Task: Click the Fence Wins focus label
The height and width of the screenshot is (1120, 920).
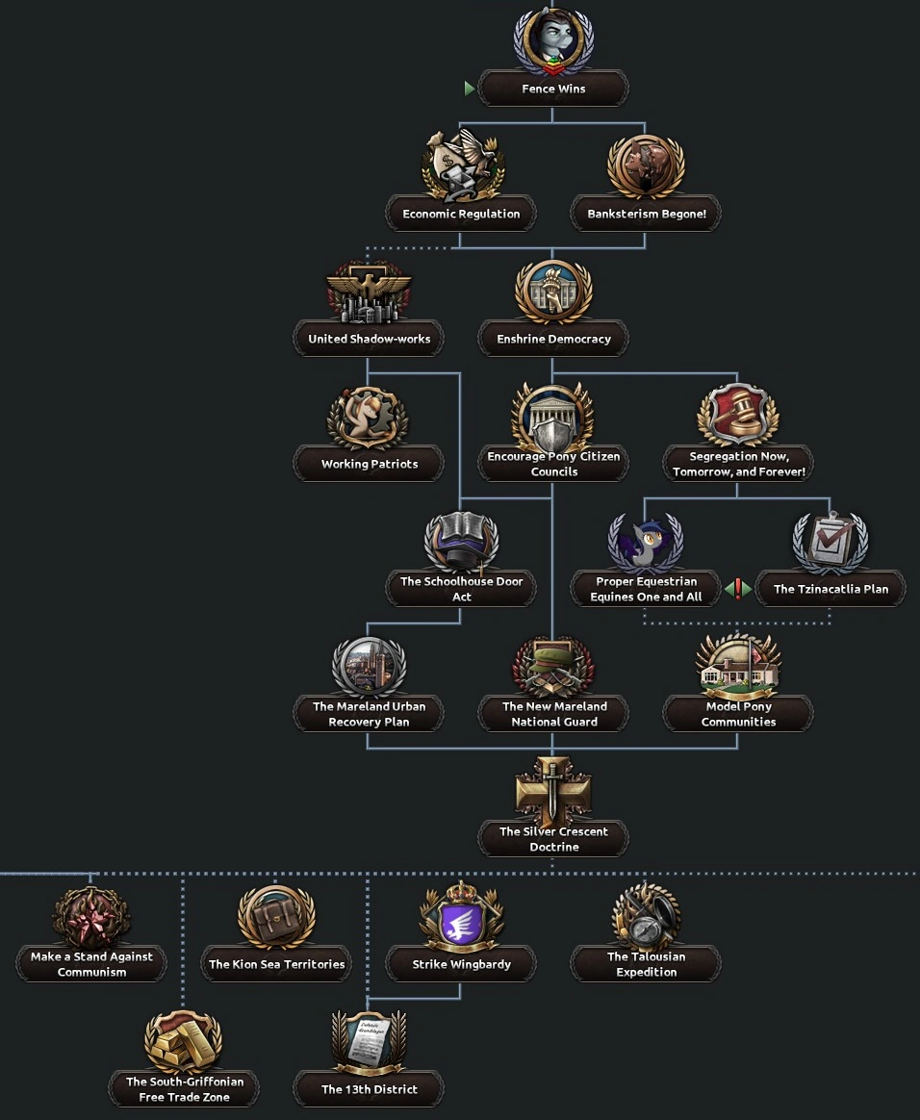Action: pyautogui.click(x=553, y=89)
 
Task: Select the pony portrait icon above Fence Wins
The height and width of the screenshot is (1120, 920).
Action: pyautogui.click(x=553, y=40)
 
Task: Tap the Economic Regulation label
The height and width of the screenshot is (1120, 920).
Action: pyautogui.click(x=461, y=214)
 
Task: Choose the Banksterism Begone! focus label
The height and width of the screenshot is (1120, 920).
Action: pyautogui.click(x=647, y=214)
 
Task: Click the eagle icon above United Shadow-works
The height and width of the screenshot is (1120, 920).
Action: pyautogui.click(x=369, y=291)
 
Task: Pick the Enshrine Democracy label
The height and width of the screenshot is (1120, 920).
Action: pyautogui.click(x=553, y=339)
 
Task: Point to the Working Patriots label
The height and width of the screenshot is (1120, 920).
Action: pyautogui.click(x=370, y=464)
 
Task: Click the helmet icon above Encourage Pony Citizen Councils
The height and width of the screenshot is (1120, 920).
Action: pyautogui.click(x=553, y=416)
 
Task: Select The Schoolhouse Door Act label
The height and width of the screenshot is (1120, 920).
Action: pyautogui.click(x=462, y=589)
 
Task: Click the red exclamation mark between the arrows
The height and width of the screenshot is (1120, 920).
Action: pyautogui.click(x=738, y=589)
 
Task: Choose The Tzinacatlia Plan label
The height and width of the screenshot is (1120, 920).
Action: pyautogui.click(x=831, y=589)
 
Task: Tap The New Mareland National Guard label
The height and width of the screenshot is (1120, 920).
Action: pyautogui.click(x=554, y=714)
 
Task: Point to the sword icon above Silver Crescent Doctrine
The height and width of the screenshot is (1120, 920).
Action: pyautogui.click(x=553, y=789)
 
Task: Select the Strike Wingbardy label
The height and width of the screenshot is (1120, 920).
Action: pyautogui.click(x=462, y=964)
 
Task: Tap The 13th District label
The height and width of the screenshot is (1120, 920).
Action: pyautogui.click(x=370, y=1089)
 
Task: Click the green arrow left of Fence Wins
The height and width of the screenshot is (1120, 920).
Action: pyautogui.click(x=470, y=89)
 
